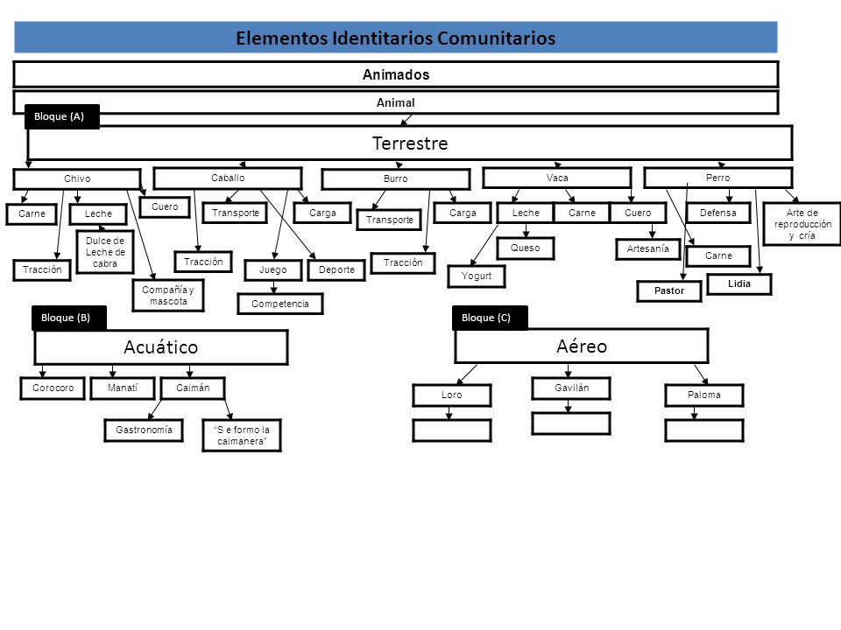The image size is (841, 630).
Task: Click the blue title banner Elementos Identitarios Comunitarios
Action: point(396,38)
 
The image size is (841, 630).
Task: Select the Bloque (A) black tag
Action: point(62,116)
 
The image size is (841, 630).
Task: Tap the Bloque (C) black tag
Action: point(490,317)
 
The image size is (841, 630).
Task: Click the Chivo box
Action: point(77,178)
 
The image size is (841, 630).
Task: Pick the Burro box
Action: point(396,178)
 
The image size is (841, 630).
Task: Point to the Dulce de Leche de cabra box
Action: point(105,252)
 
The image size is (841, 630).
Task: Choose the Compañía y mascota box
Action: point(168,295)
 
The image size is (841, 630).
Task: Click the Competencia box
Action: point(280,304)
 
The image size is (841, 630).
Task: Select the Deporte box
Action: point(336,270)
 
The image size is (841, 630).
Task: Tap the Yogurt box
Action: point(477,276)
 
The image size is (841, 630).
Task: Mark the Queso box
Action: point(525,248)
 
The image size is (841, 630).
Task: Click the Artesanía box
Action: point(648,248)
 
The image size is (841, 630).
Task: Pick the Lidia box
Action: point(739,283)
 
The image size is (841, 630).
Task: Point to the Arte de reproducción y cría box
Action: point(802,224)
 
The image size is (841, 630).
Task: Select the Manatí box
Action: point(123,388)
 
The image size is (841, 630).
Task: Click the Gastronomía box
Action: point(144,430)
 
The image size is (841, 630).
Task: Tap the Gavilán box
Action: point(571,388)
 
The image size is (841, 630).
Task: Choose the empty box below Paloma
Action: point(704,430)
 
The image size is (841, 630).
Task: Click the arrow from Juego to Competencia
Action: point(273,287)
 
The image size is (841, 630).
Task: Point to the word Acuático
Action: point(161,347)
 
